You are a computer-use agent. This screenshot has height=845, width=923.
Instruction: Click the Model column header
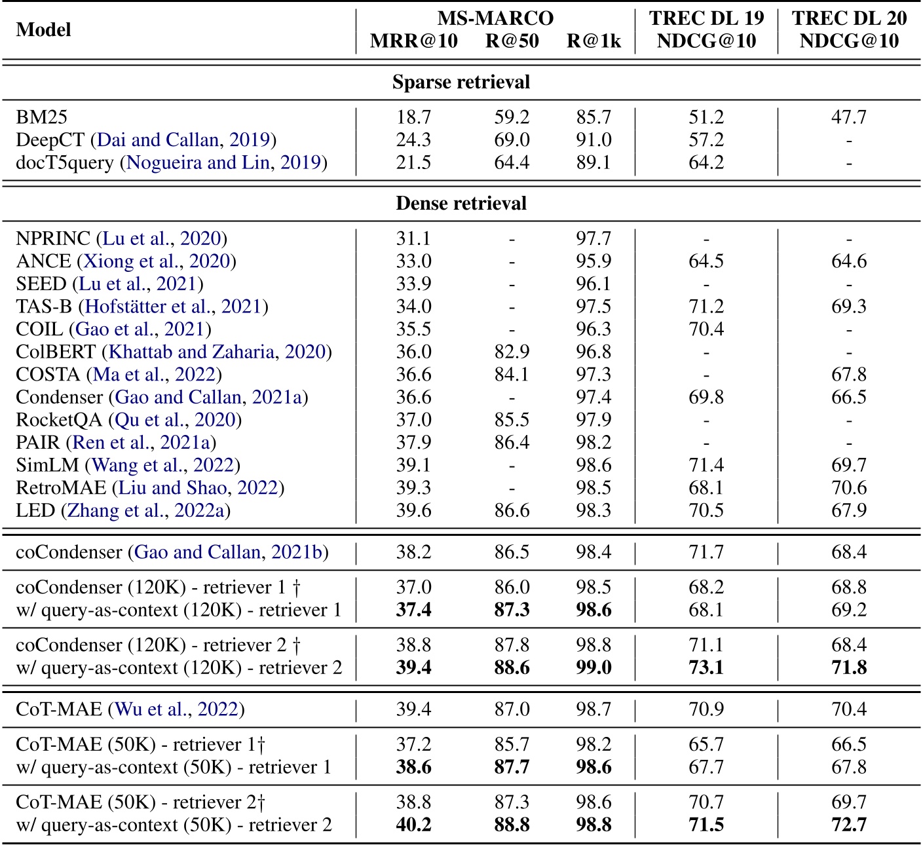click(43, 29)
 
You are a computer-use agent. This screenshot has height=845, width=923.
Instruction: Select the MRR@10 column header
click(413, 41)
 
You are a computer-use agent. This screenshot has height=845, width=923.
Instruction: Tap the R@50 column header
click(512, 41)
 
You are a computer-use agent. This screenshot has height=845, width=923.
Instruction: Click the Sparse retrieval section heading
click(461, 83)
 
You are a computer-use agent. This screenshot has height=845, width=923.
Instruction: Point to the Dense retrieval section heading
click(461, 203)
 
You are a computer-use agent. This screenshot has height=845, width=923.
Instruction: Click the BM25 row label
click(42, 117)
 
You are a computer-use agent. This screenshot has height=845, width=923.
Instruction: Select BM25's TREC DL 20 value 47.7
click(849, 117)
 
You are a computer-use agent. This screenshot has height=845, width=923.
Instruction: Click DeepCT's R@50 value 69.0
click(512, 140)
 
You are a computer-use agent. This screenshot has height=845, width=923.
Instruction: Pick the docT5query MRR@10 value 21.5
click(413, 162)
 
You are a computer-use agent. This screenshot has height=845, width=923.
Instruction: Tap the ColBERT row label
click(56, 352)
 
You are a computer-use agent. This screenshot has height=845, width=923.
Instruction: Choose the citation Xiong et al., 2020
click(157, 261)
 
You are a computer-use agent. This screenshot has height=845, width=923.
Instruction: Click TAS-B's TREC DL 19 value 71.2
click(706, 307)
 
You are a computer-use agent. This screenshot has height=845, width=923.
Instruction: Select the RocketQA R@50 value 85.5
click(512, 420)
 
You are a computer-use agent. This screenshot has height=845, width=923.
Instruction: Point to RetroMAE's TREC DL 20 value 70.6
click(849, 488)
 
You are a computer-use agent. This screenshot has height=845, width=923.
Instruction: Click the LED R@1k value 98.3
click(593, 510)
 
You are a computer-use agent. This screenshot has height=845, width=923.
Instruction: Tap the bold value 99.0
click(593, 667)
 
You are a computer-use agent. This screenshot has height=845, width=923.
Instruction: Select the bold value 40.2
click(413, 825)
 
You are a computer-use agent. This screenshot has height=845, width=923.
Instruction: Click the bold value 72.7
click(849, 825)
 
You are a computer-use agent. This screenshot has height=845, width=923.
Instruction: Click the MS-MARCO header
click(495, 18)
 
